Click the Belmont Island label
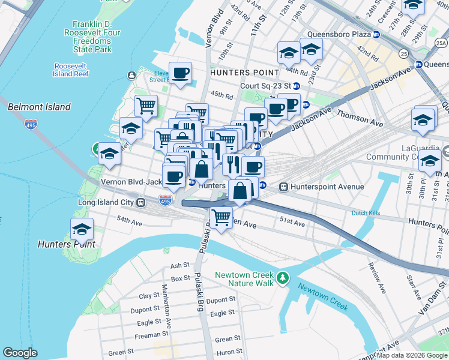39,107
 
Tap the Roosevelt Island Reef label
71,70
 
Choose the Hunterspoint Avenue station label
327,187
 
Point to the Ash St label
180,265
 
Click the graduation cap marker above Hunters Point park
82,229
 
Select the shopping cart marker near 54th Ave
221,217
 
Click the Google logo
20,353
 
